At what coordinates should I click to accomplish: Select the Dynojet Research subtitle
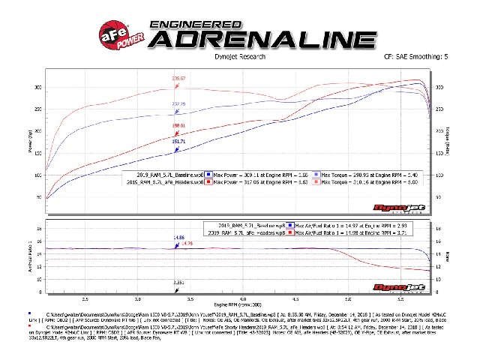click(238, 55)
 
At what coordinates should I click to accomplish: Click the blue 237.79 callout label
click(178, 103)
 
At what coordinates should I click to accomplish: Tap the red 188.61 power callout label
click(178, 125)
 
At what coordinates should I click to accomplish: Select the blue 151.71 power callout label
click(178, 140)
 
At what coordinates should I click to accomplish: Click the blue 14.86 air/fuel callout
click(178, 237)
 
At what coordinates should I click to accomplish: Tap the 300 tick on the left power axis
click(40, 88)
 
